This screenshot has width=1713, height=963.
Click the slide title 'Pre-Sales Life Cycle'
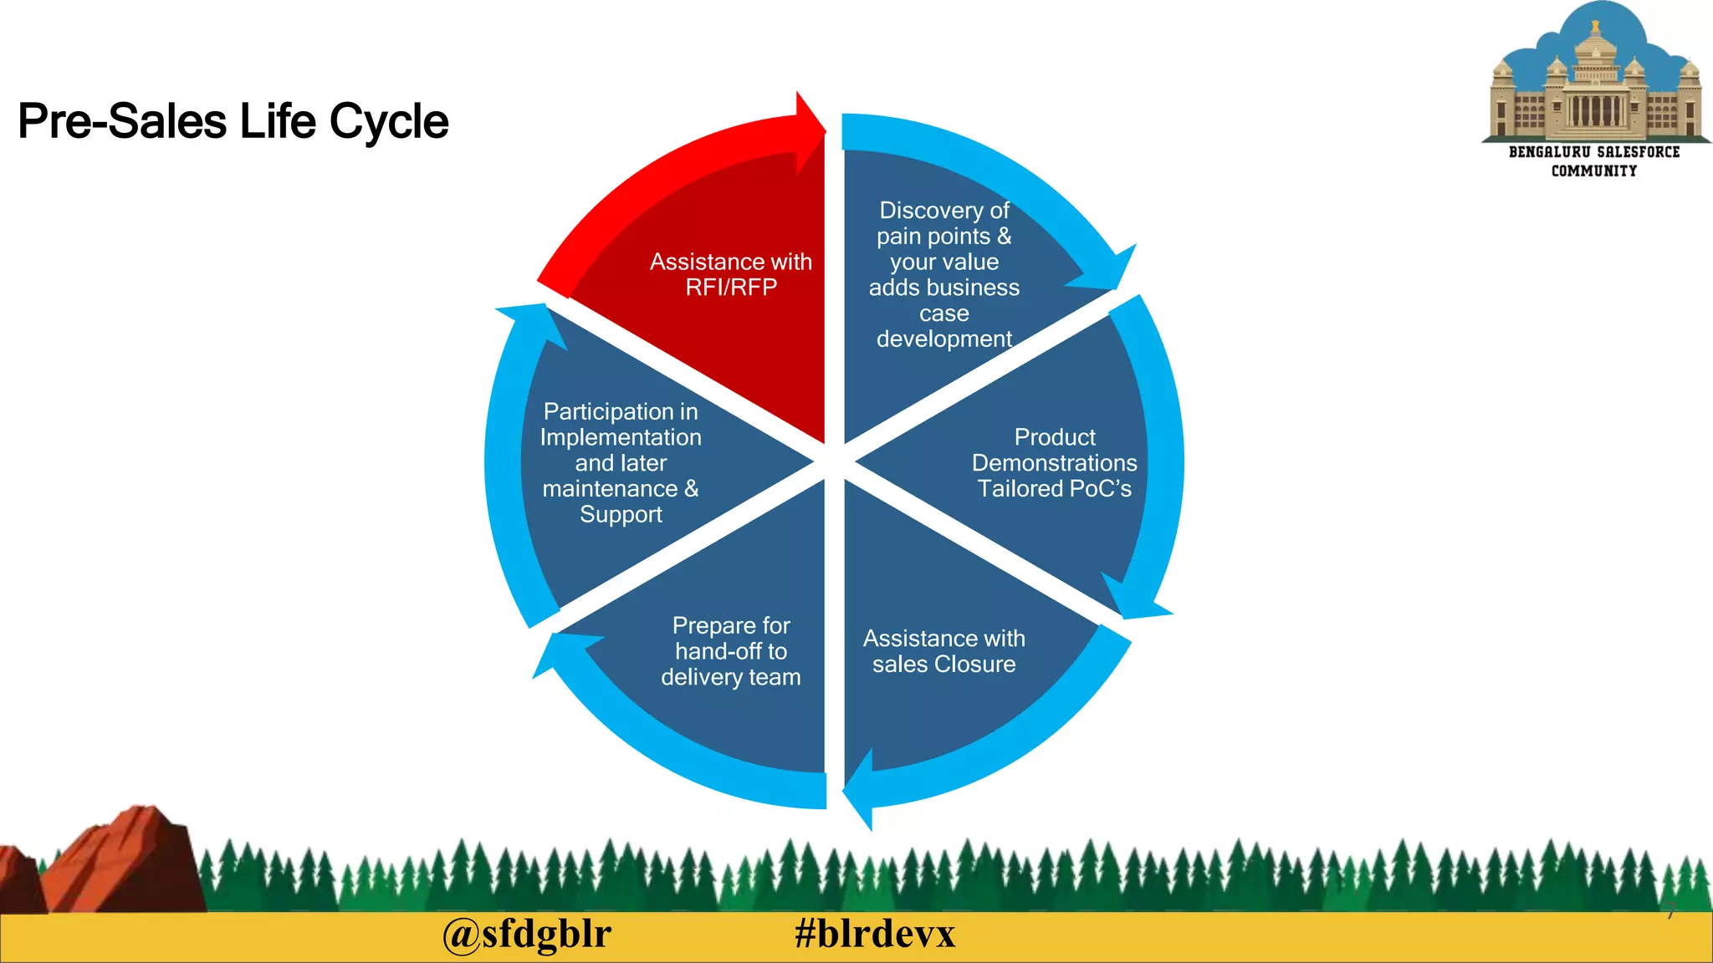tap(233, 121)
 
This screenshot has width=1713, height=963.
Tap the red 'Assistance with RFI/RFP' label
tap(731, 274)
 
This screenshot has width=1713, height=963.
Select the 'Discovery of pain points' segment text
tap(943, 274)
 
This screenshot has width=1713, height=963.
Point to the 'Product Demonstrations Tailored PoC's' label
tap(1054, 462)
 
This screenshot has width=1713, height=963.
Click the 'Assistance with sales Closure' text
tap(943, 651)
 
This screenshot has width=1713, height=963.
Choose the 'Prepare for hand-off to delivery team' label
tap(731, 651)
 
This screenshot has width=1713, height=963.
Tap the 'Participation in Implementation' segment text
tap(621, 462)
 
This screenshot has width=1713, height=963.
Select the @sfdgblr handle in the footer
tap(527, 934)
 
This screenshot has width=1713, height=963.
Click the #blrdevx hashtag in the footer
tap(875, 934)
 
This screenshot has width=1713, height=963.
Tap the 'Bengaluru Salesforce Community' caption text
tap(1594, 161)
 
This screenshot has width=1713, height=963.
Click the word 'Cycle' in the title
tap(389, 121)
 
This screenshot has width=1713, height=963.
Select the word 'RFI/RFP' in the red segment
tap(731, 288)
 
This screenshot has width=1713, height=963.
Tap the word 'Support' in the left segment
tap(621, 514)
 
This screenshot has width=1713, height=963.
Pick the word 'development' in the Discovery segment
tap(943, 339)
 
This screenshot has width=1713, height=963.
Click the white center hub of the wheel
tap(834, 461)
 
